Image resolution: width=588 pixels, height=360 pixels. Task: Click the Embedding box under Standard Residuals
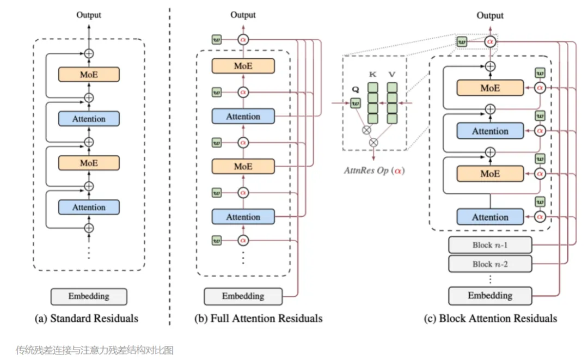coord(89,297)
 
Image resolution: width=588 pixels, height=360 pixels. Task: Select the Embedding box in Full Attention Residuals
coord(243,297)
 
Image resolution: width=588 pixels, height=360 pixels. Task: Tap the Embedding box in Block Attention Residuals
coord(490,296)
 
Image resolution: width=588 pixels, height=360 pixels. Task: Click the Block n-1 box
coord(490,245)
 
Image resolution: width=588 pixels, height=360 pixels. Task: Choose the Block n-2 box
coord(490,264)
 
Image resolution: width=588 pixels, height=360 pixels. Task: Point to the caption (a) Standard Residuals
coord(89,318)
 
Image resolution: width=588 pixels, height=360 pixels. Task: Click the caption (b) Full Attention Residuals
coord(258,318)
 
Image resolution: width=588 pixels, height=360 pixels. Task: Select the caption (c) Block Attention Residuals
coord(490,318)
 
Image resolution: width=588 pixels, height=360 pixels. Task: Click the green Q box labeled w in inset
coord(356,102)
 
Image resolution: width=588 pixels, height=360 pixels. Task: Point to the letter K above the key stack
coord(372,74)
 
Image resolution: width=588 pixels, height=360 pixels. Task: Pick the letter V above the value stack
coord(392,74)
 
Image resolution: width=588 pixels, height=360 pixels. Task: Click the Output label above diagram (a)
coord(88,15)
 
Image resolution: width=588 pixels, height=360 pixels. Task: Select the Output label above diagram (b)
coord(243,15)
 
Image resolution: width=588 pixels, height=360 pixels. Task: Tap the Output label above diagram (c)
coord(490,15)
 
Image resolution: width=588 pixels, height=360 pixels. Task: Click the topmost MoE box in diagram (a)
coord(88,75)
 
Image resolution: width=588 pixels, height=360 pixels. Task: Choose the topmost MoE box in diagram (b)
coord(243,66)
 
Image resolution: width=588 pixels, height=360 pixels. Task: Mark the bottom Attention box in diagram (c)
coord(490,217)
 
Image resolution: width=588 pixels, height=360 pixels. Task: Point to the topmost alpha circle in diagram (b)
coord(243,39)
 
